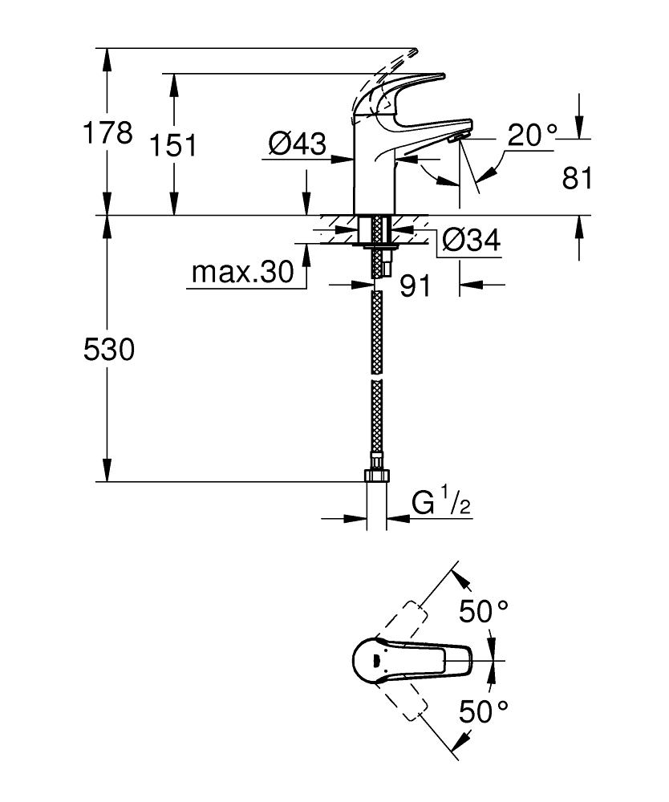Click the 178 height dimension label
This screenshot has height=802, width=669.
[x=108, y=133]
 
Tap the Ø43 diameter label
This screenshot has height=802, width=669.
[x=297, y=144]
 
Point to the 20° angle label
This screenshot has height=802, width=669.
[x=530, y=136]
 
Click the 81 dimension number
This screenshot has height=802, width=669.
[x=578, y=178]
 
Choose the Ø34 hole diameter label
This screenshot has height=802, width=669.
[x=472, y=241]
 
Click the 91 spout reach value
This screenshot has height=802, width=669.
[x=416, y=286]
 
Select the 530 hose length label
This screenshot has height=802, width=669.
[x=109, y=349]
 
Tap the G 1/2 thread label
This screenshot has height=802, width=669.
[x=441, y=503]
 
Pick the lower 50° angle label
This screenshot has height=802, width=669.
[x=484, y=710]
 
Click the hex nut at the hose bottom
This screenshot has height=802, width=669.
[x=376, y=476]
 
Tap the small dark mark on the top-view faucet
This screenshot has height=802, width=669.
[x=373, y=662]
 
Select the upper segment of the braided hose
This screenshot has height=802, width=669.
[x=376, y=329]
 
